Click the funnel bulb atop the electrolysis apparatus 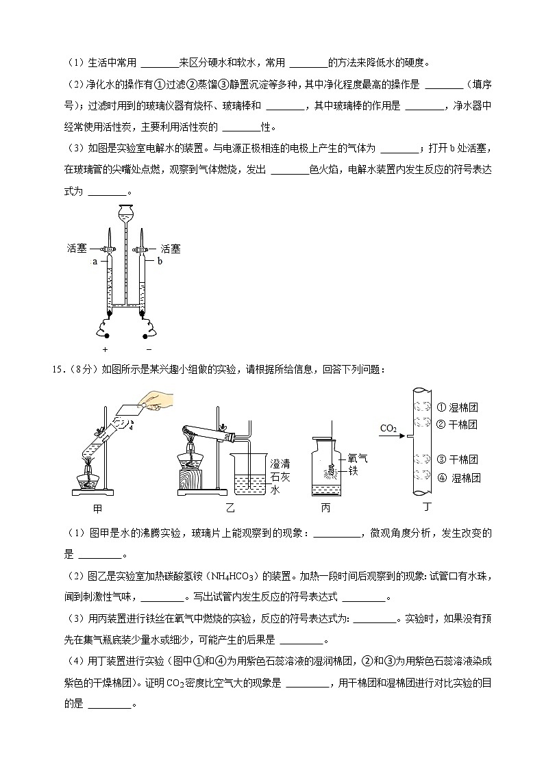(125, 212)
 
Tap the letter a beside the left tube (95, 261)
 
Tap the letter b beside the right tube (160, 261)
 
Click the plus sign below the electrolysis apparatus (105, 349)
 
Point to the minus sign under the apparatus (149, 349)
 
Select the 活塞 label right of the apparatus (171, 249)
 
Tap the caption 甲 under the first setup (97, 509)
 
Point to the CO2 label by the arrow (388, 429)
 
